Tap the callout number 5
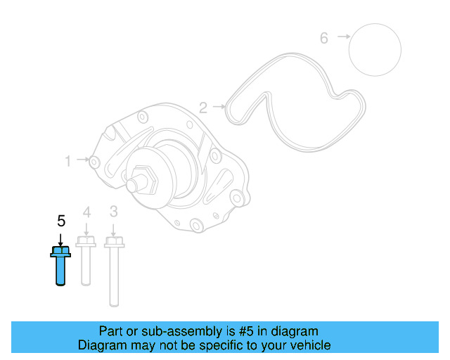tap(61, 221)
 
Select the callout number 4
tap(86, 212)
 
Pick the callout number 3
tap(113, 212)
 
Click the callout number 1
tap(68, 161)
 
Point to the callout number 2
tap(203, 108)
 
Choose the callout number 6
tap(324, 38)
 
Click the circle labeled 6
tap(375, 49)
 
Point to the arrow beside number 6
tap(343, 36)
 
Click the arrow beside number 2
tap(219, 107)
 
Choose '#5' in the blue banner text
tap(245, 331)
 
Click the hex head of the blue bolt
tap(60, 250)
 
